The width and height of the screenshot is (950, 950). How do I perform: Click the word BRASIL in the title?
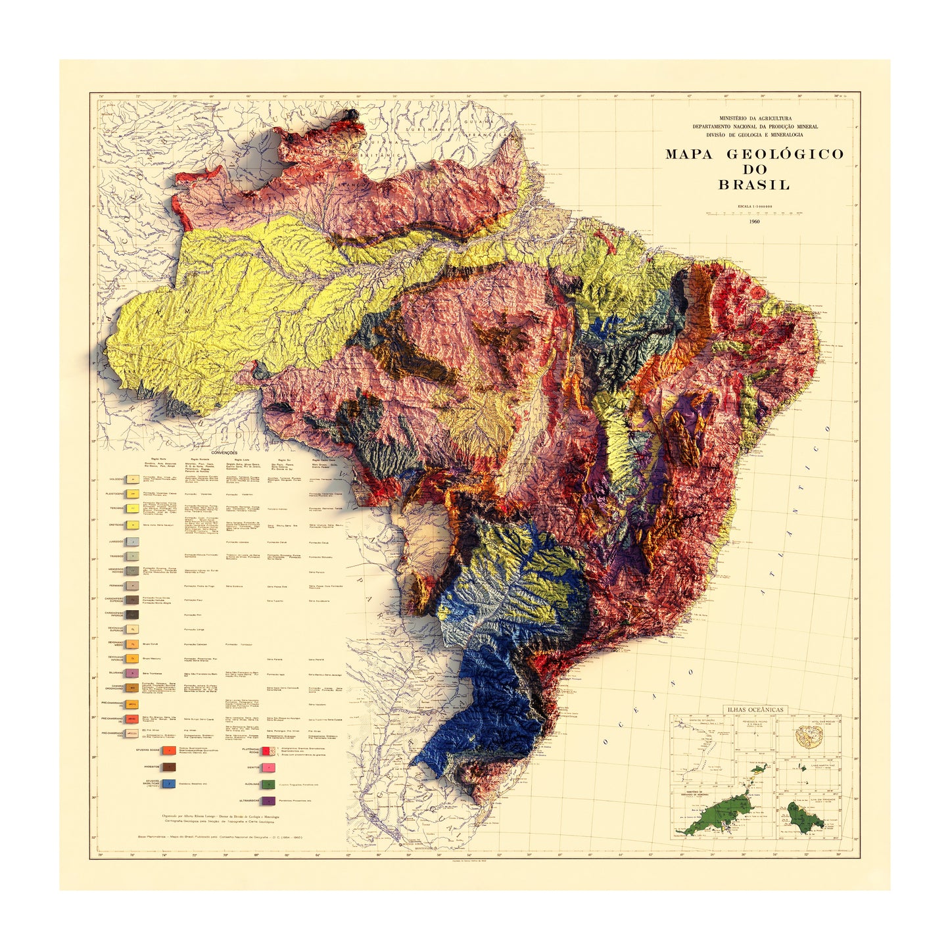coord(753,185)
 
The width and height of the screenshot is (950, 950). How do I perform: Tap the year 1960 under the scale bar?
coord(753,222)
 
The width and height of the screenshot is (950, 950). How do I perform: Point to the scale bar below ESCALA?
coord(753,213)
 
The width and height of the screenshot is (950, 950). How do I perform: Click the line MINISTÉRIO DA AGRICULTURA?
coord(754,118)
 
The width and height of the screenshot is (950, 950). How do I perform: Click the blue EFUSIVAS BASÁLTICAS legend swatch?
coord(170,784)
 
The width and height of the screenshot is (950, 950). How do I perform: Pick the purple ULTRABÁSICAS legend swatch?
coord(268,801)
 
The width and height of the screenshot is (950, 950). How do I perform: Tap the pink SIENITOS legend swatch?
coord(268,767)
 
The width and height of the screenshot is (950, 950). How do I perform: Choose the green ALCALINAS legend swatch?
coord(268,784)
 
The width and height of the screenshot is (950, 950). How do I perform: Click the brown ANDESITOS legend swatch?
coord(170,767)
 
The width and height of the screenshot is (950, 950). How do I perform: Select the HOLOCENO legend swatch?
coord(133,481)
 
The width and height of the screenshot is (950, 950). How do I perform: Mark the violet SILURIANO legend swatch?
coord(133,673)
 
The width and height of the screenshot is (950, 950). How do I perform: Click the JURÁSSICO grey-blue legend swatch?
coord(133,542)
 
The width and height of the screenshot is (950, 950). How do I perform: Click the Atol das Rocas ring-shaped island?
coord(803,734)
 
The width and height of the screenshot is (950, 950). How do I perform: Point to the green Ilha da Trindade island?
coord(800,817)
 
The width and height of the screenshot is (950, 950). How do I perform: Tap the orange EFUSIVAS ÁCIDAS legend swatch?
coord(170,750)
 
